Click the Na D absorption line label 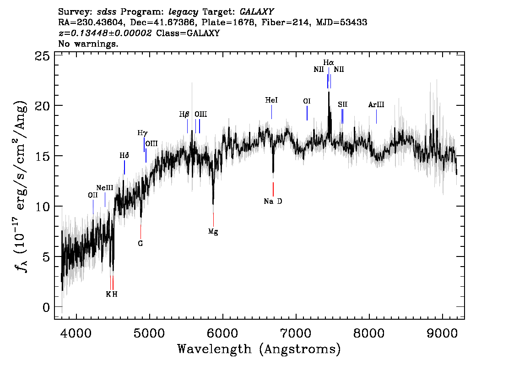pos(273,201)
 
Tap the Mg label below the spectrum pos(213,232)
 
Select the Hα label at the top pos(329,62)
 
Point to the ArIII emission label pos(376,105)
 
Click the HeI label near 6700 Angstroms pos(271,100)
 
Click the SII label pos(343,104)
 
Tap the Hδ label pos(124,156)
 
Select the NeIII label pos(105,188)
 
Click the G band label pos(141,244)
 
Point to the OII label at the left pos(93,195)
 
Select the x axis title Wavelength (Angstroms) pos(259,349)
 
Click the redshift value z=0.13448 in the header pos(105,33)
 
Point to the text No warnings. pos(88,44)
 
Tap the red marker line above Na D pos(273,189)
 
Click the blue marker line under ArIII pos(376,116)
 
